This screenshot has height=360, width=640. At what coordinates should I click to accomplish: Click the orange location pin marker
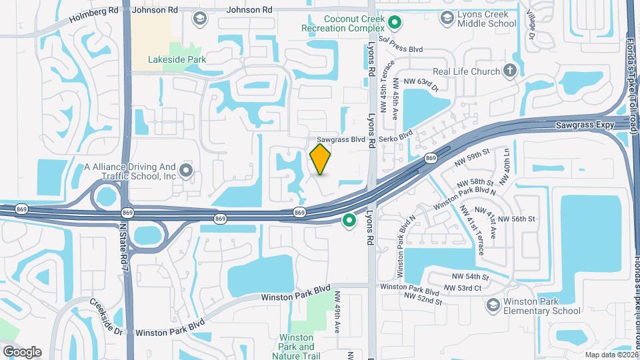[x=321, y=160]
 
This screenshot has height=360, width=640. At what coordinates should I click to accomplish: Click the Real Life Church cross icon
[x=510, y=70]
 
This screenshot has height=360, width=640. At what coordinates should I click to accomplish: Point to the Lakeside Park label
[x=177, y=59]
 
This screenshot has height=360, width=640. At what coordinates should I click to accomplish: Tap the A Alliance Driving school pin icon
[x=186, y=171]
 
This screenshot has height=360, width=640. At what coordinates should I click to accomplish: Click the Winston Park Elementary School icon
[x=493, y=305]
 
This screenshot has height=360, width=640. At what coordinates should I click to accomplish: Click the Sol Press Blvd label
[x=401, y=50]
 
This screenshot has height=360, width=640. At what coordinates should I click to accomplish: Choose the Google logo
[x=22, y=352]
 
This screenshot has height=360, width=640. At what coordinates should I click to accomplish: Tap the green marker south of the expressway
[x=349, y=220]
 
